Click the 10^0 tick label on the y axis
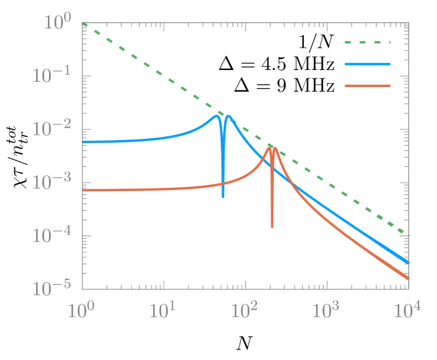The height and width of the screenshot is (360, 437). click(x=58, y=23)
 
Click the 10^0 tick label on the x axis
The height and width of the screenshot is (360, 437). click(x=82, y=310)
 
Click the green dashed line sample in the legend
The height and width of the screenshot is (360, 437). click(x=368, y=43)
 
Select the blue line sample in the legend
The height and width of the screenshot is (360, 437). click(x=368, y=64)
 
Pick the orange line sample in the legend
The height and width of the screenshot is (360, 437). click(x=368, y=86)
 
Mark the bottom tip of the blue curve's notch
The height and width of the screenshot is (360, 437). click(x=223, y=198)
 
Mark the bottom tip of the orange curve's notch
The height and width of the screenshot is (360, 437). click(x=272, y=227)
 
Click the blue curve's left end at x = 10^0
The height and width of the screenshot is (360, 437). click(x=83, y=142)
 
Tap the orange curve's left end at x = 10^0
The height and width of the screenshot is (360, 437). click(x=83, y=190)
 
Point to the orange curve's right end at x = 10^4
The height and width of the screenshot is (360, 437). click(x=408, y=279)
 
